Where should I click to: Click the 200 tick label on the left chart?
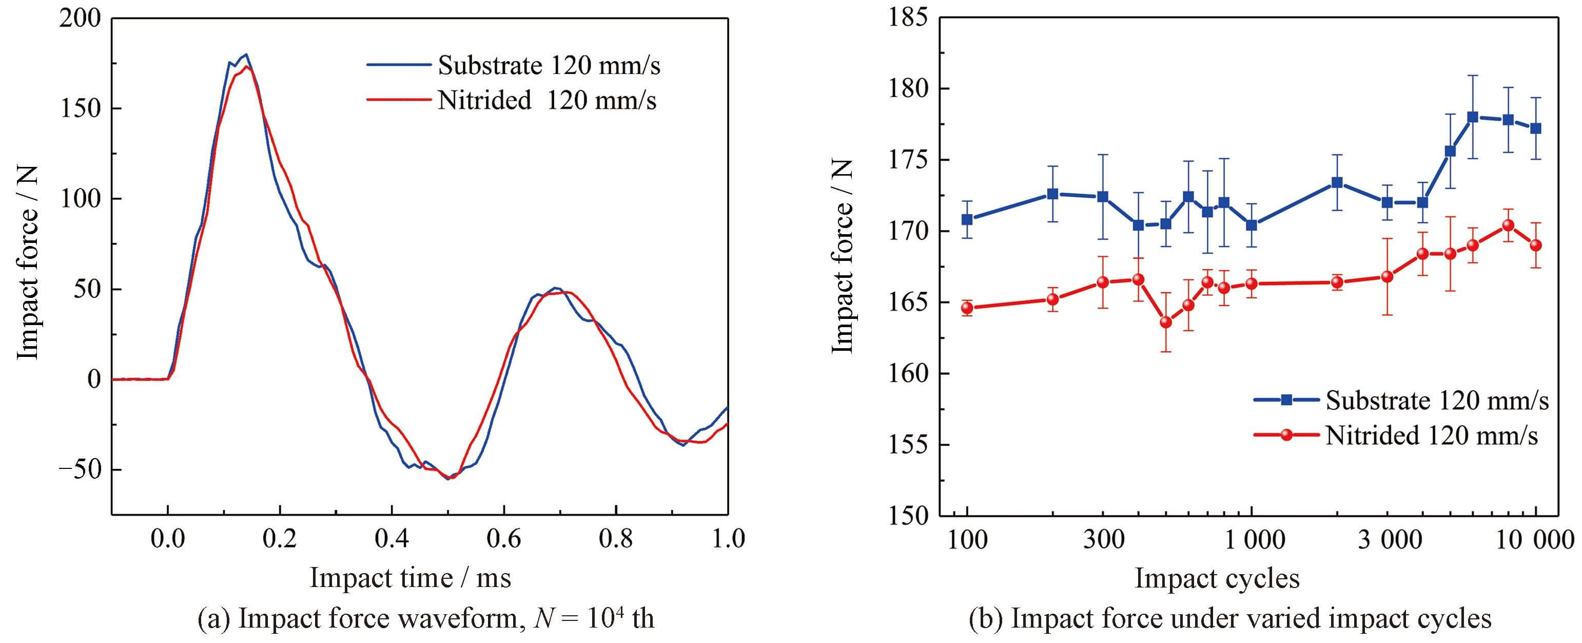[x=80, y=19]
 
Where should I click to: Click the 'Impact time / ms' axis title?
[x=410, y=578]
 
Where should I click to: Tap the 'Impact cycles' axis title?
[x=1217, y=578]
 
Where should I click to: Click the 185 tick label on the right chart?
[x=908, y=18]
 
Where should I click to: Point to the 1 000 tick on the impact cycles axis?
[x=1251, y=540]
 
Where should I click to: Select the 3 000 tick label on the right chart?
[x=1389, y=540]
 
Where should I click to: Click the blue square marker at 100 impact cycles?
[x=967, y=219]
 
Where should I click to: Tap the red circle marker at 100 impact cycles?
[x=967, y=308]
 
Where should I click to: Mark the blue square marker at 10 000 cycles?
[x=1535, y=128]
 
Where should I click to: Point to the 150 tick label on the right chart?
[x=908, y=515]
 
